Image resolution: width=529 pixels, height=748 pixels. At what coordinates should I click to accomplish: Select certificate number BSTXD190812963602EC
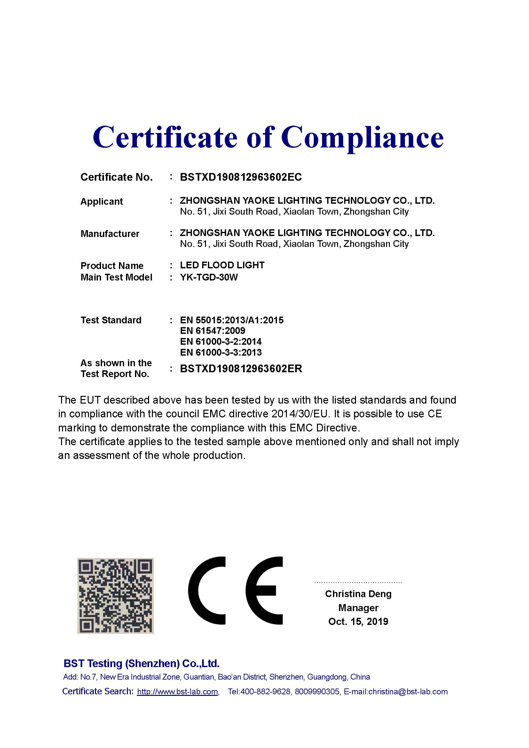pyautogui.click(x=241, y=177)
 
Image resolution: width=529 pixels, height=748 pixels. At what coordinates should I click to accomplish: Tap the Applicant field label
pyautogui.click(x=102, y=202)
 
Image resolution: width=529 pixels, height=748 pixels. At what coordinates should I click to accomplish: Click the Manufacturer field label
pyautogui.click(x=110, y=234)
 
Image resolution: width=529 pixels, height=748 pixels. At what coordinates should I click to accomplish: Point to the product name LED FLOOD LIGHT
pyautogui.click(x=222, y=265)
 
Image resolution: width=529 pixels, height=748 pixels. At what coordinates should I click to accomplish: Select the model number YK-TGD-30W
pyautogui.click(x=209, y=277)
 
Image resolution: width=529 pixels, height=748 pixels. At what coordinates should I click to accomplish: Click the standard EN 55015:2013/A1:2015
pyautogui.click(x=232, y=320)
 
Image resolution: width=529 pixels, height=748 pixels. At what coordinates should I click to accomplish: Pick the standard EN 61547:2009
pyautogui.click(x=212, y=331)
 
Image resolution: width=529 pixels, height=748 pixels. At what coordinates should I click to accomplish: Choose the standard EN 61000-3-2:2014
pyautogui.click(x=221, y=342)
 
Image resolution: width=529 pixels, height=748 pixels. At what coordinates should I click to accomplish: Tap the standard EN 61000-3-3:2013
pyautogui.click(x=221, y=352)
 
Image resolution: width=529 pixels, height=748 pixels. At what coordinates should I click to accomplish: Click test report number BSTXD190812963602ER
pyautogui.click(x=241, y=369)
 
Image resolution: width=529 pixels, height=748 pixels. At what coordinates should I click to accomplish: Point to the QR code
pyautogui.click(x=115, y=596)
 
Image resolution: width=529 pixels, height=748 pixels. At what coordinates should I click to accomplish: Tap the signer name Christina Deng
pyautogui.click(x=358, y=594)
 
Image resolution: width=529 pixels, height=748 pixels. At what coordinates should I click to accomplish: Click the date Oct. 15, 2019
pyautogui.click(x=358, y=622)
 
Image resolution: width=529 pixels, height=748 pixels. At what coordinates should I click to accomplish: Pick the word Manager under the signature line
pyautogui.click(x=358, y=608)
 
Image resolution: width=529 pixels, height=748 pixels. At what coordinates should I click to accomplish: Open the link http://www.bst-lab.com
pyautogui.click(x=178, y=692)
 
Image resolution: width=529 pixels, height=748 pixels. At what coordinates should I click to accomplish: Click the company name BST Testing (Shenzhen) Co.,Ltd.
pyautogui.click(x=141, y=664)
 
